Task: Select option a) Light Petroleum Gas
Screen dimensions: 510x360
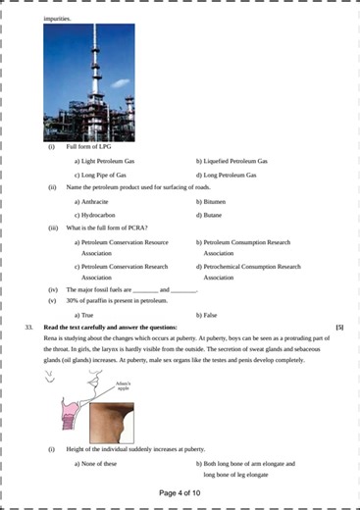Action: pyautogui.click(x=108, y=161)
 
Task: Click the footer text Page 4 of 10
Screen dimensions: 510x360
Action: pyautogui.click(x=180, y=493)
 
